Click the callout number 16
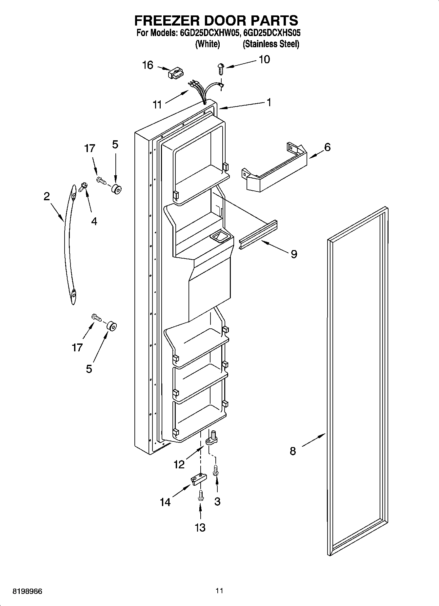coord(148,65)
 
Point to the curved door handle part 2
coord(68,244)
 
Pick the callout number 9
coord(294,254)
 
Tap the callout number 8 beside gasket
coord(293,451)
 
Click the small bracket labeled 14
coord(199,479)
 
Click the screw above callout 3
coord(216,471)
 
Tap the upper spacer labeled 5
coord(116,189)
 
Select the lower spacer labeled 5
coord(112,326)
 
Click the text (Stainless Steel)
coord(271,44)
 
